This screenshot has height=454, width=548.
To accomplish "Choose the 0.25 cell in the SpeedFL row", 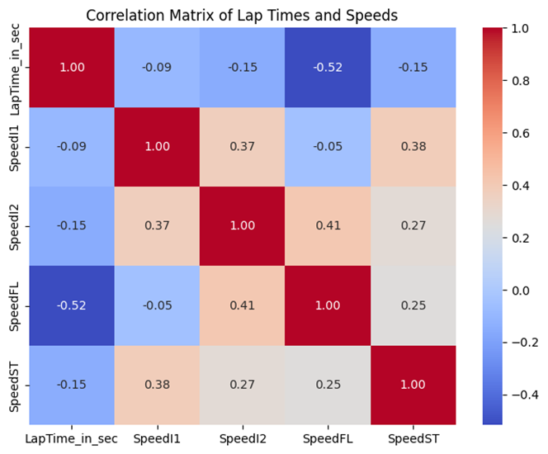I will point(412,305).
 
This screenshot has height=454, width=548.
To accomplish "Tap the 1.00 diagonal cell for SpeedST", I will point(412,385).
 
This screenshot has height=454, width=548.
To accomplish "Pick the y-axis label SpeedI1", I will point(13,147).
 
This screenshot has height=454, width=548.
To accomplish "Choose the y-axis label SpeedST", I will point(13,385).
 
